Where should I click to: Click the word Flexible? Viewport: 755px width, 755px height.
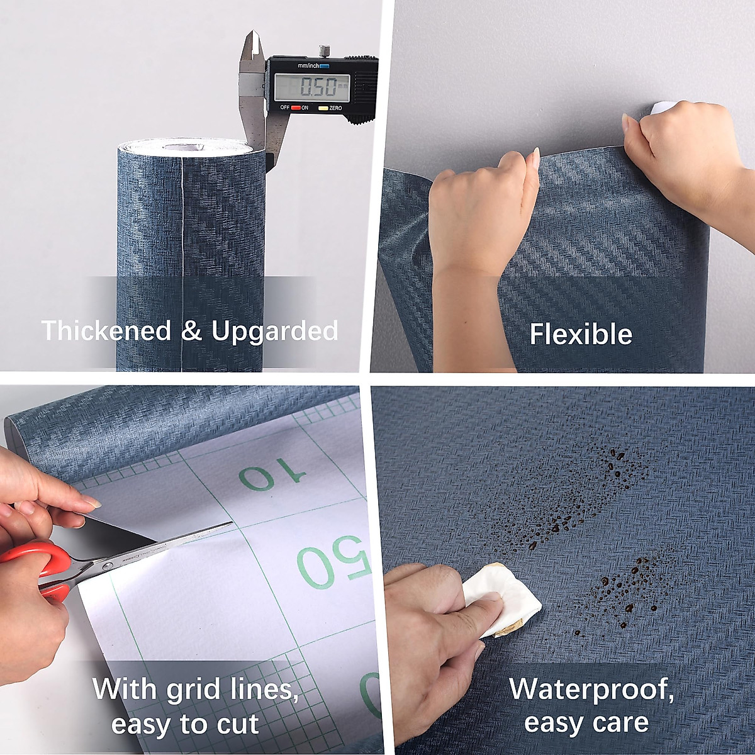click(581, 334)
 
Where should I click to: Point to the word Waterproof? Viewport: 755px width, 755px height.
click(591, 690)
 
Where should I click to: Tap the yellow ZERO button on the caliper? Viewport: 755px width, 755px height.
click(323, 108)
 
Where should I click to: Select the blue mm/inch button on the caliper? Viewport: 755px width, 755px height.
click(325, 65)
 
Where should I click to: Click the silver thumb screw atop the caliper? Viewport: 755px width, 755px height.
click(325, 50)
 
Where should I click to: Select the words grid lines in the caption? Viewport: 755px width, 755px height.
click(232, 690)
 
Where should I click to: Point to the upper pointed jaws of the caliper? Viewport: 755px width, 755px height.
click(252, 47)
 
